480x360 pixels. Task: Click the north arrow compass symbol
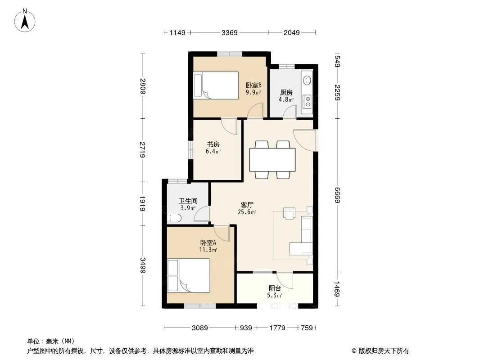25,21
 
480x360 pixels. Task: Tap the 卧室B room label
254,85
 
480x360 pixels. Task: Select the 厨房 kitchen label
286,92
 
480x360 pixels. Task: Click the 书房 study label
213,144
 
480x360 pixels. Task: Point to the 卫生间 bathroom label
188,201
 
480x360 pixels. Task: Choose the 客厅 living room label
247,205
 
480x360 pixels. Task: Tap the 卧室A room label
208,243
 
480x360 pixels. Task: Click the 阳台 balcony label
275,288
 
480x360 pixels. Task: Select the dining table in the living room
272,160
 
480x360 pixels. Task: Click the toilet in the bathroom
175,218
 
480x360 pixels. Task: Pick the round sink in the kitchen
307,80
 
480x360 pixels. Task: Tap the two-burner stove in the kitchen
307,102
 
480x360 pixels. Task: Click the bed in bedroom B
216,85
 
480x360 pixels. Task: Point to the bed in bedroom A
189,275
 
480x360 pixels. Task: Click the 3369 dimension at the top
230,32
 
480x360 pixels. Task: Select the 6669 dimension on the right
337,195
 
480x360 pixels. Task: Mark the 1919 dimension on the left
142,203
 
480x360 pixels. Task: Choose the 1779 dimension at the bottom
277,328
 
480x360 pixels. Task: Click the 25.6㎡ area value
247,212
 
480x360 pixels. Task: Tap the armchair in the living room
289,213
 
